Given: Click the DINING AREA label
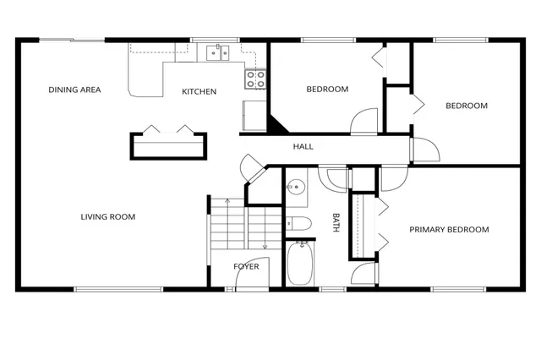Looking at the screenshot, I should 75,90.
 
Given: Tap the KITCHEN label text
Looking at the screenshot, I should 199,91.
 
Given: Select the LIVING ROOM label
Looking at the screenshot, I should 108,217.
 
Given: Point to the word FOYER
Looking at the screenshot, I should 247,267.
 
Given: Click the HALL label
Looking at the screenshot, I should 303,147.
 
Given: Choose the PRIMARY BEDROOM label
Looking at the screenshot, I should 450,230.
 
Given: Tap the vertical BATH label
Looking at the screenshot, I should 336,222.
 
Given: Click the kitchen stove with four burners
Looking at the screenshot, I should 255,79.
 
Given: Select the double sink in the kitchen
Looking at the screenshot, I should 219,53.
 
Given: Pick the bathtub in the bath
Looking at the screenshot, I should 300,263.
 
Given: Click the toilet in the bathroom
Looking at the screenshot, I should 298,223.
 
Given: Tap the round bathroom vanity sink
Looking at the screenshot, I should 296,189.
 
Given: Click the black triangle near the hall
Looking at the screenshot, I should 276,123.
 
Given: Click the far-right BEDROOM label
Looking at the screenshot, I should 467,106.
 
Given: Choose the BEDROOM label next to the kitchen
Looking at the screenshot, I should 327,90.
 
